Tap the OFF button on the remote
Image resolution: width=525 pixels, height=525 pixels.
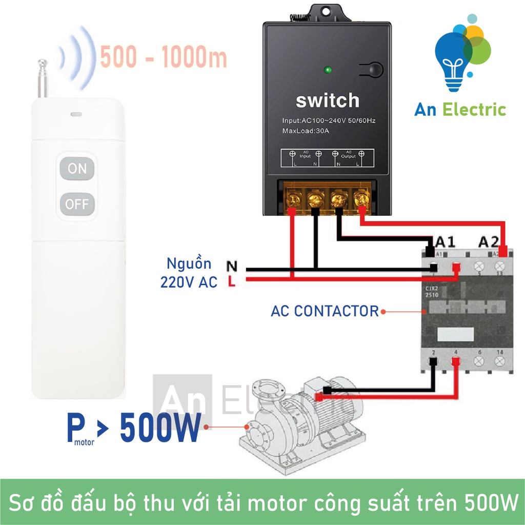coord(77,205)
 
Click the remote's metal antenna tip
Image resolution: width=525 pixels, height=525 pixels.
coord(42,64)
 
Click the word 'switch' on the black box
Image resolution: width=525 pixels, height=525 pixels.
coord(328,100)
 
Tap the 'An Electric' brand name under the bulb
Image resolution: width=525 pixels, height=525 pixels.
coord(460,110)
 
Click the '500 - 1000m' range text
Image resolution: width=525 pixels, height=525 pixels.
coord(163,58)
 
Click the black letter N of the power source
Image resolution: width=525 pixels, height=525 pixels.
coord(232,267)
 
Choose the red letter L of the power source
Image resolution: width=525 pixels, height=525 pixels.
coord(232,281)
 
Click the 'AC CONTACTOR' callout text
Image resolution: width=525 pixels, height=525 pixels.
coord(325,311)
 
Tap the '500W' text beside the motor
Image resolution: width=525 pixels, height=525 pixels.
coord(159,429)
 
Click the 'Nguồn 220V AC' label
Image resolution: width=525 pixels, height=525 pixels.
coord(189,273)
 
